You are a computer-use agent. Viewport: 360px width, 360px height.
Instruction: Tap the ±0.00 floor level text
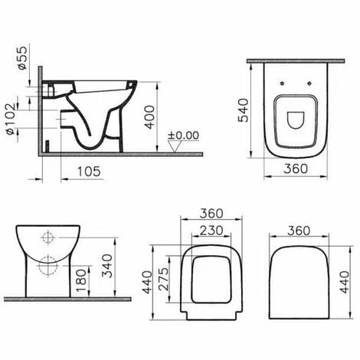click(x=183, y=136)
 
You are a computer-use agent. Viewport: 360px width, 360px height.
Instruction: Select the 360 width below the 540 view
click(x=296, y=168)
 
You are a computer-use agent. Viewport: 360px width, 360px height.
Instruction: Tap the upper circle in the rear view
click(x=47, y=237)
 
